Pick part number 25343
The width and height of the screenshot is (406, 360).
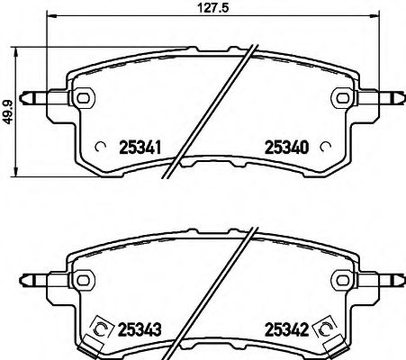(139, 330)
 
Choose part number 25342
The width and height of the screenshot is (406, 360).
(283, 330)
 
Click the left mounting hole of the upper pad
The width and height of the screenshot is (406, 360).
(83, 97)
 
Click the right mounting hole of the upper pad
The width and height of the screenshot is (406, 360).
(341, 97)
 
